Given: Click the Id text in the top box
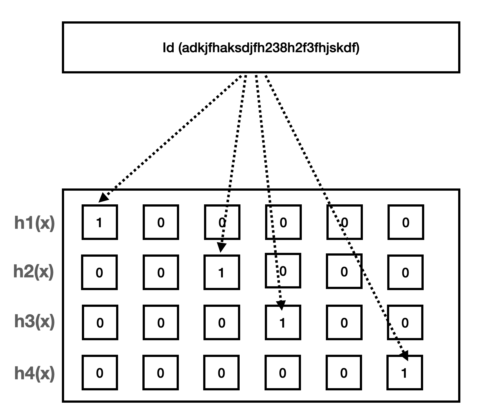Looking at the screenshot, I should point(261,48).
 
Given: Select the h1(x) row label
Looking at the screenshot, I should point(35,223).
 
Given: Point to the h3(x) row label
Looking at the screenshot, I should point(35,322).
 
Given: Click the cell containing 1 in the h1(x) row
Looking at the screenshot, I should point(100,222).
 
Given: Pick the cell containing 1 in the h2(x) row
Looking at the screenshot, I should point(222,272).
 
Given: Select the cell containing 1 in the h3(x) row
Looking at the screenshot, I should point(283,322).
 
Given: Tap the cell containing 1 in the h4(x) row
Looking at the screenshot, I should point(405,373).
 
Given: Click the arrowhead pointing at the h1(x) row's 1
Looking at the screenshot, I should point(103,197).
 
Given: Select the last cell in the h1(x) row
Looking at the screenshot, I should point(406,222).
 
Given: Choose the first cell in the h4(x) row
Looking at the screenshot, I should point(100,373).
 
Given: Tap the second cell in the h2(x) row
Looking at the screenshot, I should point(161,272).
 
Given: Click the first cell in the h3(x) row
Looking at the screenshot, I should point(100,322).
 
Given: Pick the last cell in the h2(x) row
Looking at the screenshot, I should point(405,272).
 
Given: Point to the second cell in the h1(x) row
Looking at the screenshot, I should point(161,222).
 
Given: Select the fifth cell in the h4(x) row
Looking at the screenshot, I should point(344,373).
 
